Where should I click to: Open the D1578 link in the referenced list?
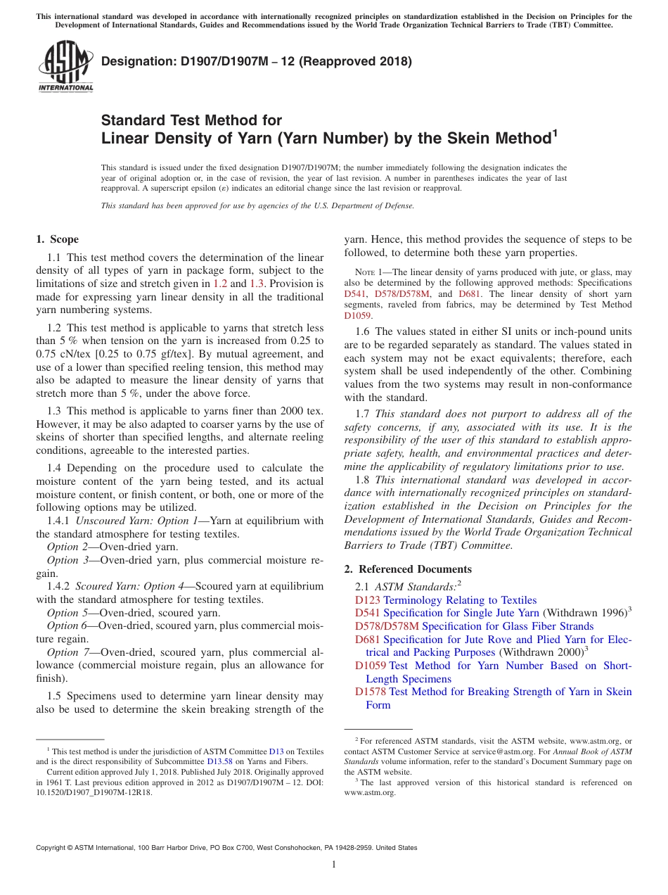point(371,692)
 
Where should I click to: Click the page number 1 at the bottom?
point(334,865)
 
